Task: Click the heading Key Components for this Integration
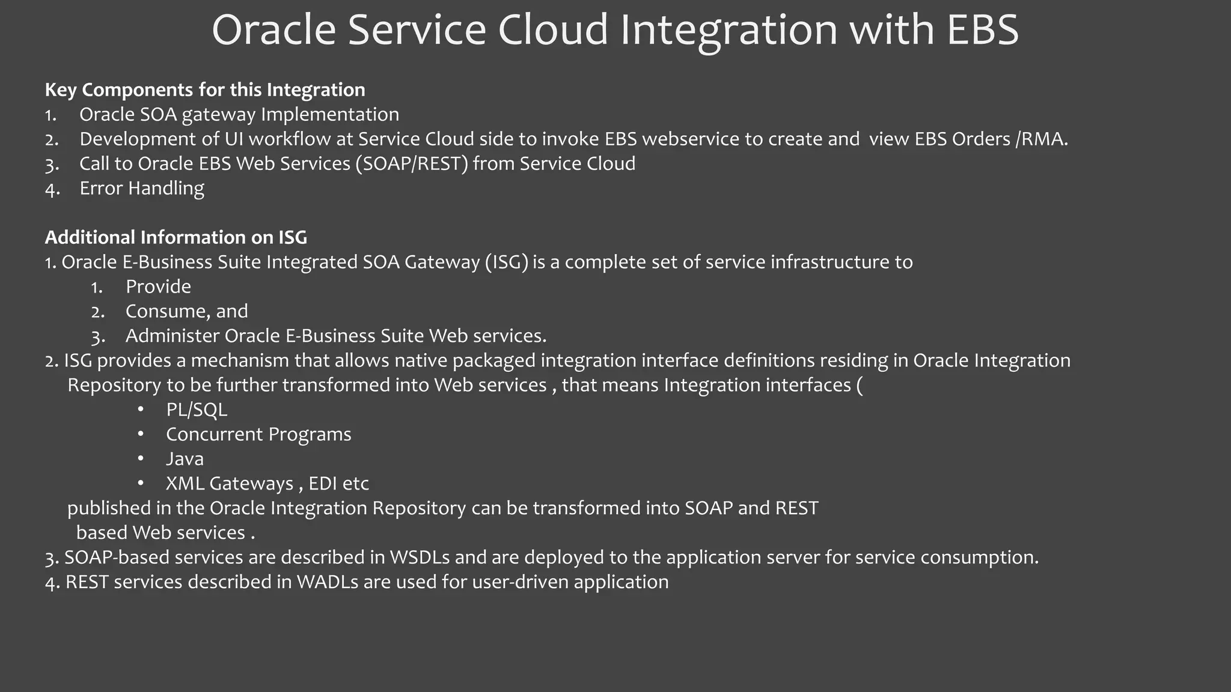[x=205, y=90]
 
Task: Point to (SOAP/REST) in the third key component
[x=412, y=163]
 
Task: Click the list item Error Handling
[x=142, y=188]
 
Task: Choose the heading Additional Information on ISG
[x=176, y=237]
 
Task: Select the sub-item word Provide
[x=158, y=287]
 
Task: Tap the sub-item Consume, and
[x=186, y=311]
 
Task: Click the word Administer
[x=173, y=336]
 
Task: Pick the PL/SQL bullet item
[x=197, y=410]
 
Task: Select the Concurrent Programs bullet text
[x=258, y=434]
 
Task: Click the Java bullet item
[x=185, y=459]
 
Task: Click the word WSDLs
[x=420, y=557]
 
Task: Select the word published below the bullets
[x=108, y=508]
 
